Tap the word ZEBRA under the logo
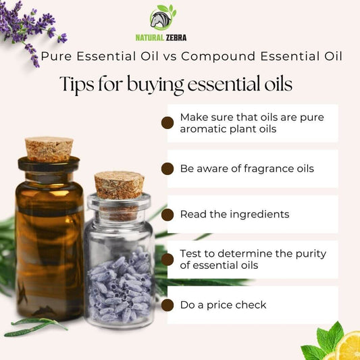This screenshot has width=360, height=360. (176, 38)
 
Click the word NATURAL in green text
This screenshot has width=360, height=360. (149, 38)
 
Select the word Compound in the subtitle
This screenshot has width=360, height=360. (218, 57)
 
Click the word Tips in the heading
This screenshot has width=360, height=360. (77, 84)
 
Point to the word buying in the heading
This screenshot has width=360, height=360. (155, 84)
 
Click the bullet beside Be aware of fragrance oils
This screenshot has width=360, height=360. (168, 169)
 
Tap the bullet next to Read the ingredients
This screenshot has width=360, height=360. (168, 215)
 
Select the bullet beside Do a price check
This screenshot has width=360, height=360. (168, 305)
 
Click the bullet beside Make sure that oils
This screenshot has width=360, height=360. (168, 123)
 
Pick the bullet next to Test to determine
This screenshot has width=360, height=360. (168, 259)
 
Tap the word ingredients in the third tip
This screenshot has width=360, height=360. (259, 215)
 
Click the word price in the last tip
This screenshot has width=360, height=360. (220, 305)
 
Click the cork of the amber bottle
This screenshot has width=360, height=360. (49, 149)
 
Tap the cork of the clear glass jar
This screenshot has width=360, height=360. (119, 185)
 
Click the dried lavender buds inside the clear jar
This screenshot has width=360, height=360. (120, 287)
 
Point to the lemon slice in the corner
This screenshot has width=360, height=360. (349, 346)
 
